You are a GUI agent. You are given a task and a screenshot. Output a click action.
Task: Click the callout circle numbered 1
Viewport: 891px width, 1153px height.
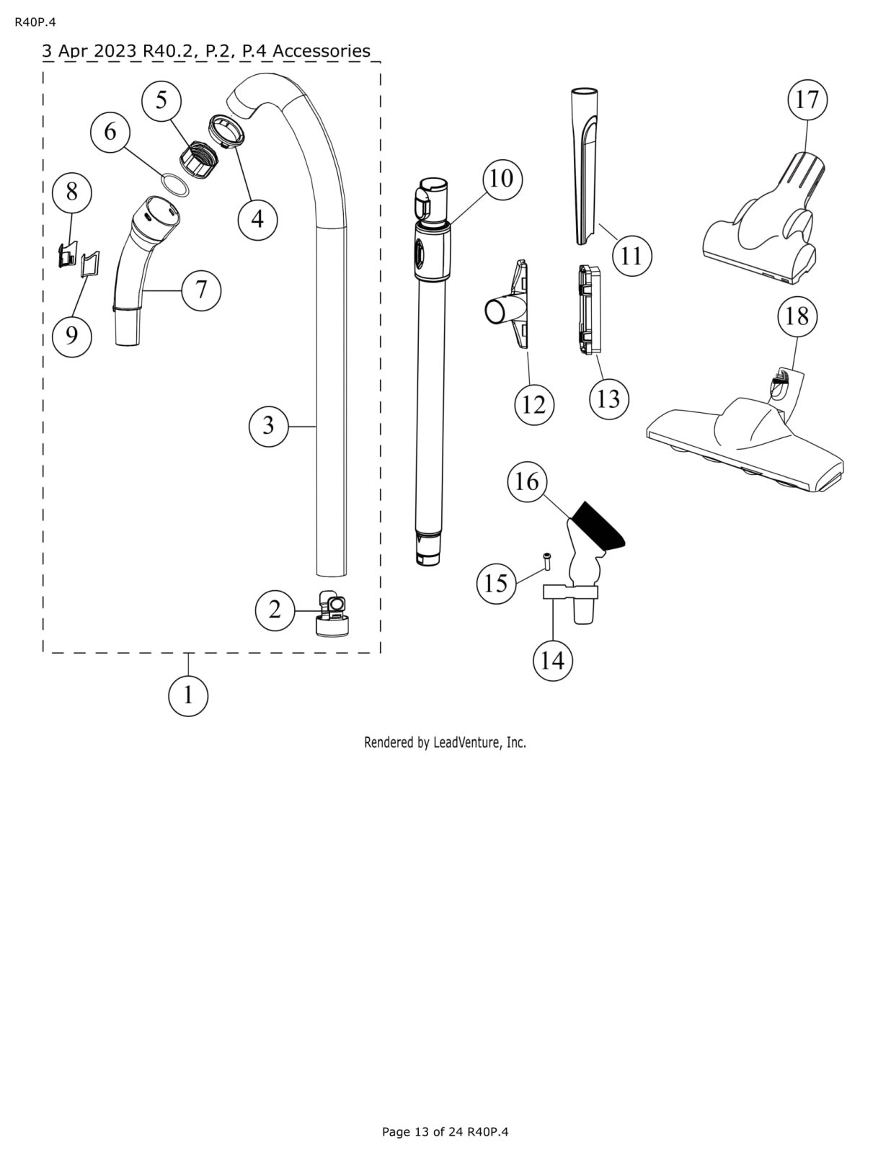coord(188,695)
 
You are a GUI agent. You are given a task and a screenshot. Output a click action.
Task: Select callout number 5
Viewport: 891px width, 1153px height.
coord(161,100)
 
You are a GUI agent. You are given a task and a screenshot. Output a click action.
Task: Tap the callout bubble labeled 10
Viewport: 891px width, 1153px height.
coord(501,178)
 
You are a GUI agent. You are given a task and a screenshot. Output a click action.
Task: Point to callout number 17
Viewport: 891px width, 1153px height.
coord(807,99)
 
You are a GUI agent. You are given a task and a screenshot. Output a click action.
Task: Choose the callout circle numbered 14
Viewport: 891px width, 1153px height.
coord(552,660)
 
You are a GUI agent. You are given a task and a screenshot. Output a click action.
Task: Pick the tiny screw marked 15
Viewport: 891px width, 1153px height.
coord(547,559)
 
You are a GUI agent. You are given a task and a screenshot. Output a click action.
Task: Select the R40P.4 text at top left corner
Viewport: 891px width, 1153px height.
coord(35,22)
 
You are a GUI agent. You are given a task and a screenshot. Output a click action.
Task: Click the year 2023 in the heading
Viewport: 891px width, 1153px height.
coord(116,51)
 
